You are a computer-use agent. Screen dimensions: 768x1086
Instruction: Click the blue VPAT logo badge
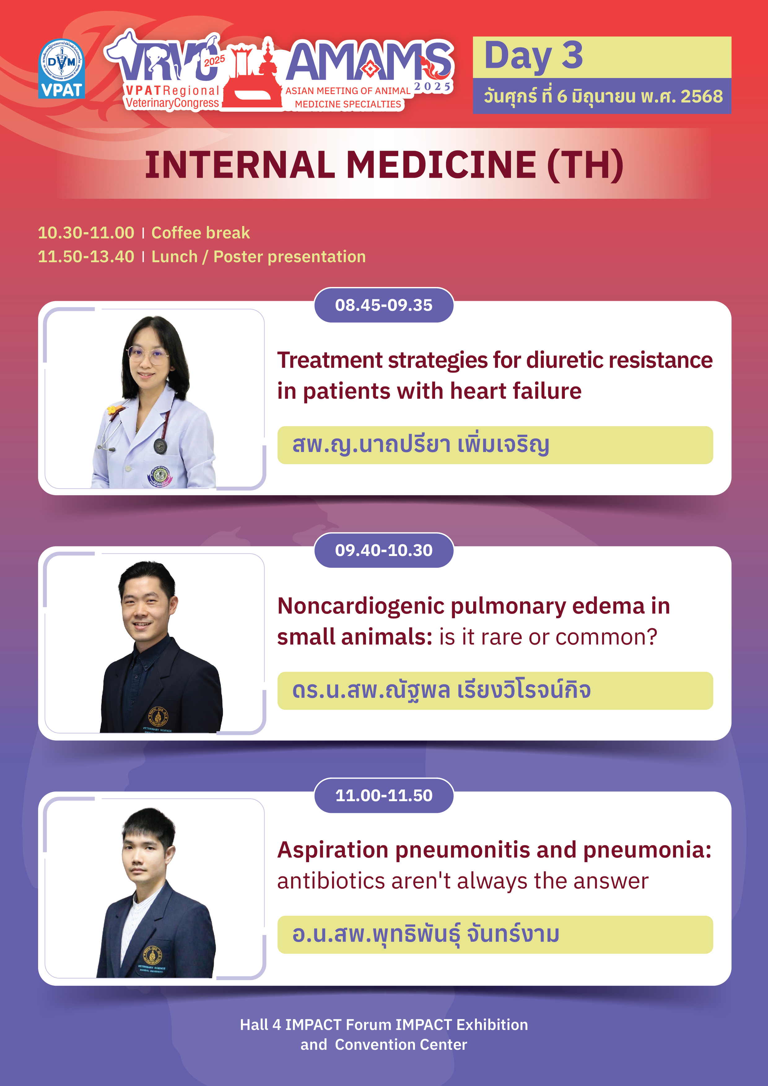pyautogui.click(x=62, y=69)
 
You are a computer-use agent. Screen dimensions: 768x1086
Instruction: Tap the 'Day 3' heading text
pyautogui.click(x=533, y=56)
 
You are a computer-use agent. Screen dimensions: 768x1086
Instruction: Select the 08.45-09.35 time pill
pyautogui.click(x=384, y=305)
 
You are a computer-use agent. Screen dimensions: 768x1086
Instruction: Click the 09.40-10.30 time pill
pyautogui.click(x=384, y=550)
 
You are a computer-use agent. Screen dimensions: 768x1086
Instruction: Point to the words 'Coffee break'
pyautogui.click(x=201, y=233)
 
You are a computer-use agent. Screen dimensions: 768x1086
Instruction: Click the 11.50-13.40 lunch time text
pyautogui.click(x=86, y=256)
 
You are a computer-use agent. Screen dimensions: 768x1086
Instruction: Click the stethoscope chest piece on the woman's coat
pyautogui.click(x=160, y=445)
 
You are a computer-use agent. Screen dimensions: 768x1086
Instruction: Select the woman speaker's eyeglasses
pyautogui.click(x=147, y=355)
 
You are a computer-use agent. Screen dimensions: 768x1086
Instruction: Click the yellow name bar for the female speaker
pyautogui.click(x=495, y=445)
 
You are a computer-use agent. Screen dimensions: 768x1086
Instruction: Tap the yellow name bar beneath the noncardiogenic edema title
pyautogui.click(x=495, y=691)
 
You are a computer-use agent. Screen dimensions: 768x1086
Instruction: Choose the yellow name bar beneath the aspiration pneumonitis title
pyautogui.click(x=495, y=935)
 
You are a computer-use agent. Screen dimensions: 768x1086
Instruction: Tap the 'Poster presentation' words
pyautogui.click(x=290, y=256)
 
